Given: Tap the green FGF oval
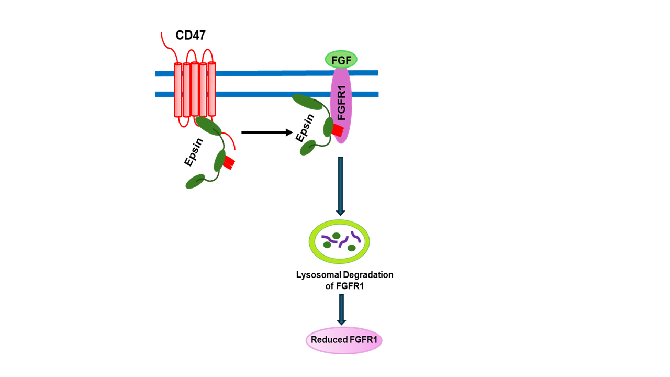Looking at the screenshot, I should coord(341,60).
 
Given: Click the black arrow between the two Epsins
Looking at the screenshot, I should coord(266,132).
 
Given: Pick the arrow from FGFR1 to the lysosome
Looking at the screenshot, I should coord(340,186).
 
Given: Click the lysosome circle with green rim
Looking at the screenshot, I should coord(339,241).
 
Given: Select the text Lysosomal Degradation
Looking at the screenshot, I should coord(344,275).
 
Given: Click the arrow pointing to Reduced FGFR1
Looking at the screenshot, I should coord(341,309).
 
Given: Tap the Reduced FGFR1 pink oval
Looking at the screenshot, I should coord(344,340).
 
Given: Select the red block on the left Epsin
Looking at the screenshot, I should coord(228,161).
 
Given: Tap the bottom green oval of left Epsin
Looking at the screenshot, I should coord(195,182).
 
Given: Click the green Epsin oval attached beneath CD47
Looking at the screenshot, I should coord(208,126).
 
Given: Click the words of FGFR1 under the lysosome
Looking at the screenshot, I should coord(344,286).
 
